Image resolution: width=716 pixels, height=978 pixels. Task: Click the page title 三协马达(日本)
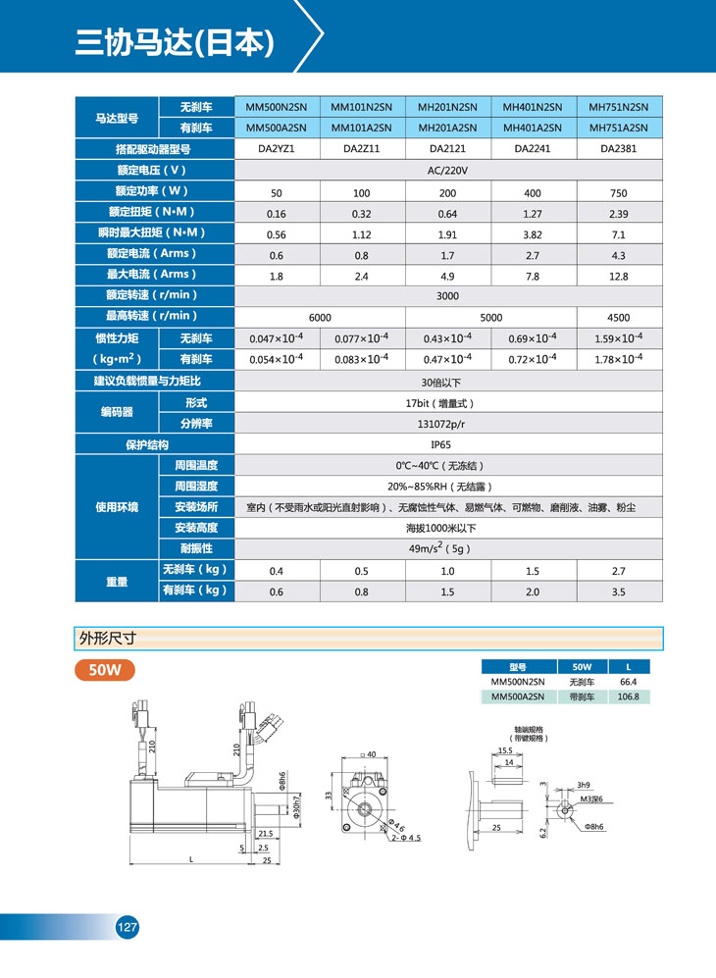174,41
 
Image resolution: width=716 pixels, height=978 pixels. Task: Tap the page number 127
127,927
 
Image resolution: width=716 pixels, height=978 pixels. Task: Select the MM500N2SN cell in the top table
276,106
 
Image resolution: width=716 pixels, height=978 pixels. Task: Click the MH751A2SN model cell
620,128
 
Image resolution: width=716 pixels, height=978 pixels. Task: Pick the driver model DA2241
534,149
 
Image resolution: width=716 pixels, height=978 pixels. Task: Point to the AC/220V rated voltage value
448,171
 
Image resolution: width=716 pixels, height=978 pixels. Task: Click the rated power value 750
618,193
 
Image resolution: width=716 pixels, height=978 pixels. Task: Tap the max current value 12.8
618,277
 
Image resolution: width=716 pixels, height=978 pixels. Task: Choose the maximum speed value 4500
618,318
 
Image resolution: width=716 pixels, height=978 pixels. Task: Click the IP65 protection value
448,444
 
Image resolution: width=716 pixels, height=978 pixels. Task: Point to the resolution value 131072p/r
448,424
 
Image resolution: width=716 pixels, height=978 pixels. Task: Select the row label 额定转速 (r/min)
152,295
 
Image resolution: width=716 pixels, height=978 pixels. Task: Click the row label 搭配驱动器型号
152,149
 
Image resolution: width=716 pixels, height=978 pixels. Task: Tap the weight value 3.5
618,592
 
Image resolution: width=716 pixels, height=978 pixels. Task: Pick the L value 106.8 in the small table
628,696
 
